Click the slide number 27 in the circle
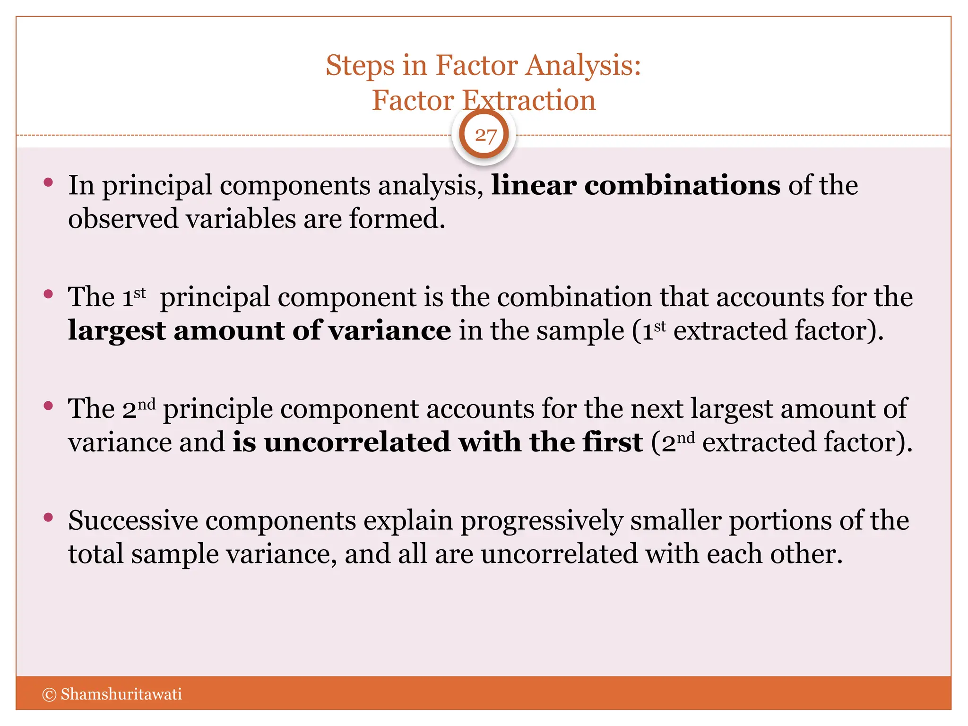tap(485, 135)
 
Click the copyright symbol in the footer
tap(49, 694)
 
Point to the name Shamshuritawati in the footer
tap(121, 694)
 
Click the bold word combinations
tap(682, 185)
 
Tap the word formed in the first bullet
tap(397, 219)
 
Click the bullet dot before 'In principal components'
tap(48, 182)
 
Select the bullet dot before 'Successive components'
tap(48, 517)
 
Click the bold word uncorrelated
tap(357, 442)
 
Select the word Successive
tap(133, 520)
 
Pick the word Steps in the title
tap(360, 66)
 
